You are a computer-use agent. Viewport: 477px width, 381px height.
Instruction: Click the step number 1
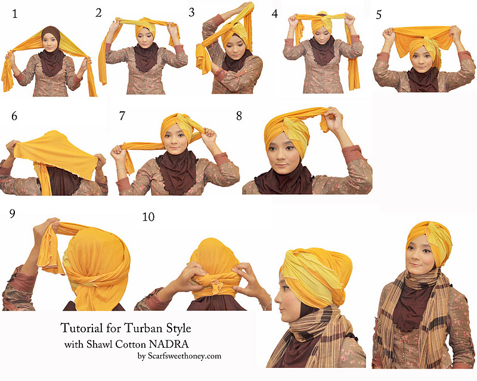[x=14, y=14]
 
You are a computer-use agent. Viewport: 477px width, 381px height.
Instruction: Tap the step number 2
[x=98, y=13]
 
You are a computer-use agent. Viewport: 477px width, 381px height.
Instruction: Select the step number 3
[x=191, y=13]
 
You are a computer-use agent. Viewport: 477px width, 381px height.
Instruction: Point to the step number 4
[x=275, y=14]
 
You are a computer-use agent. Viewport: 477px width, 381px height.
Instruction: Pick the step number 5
[x=379, y=15]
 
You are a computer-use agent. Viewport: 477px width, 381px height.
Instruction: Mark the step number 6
[x=14, y=116]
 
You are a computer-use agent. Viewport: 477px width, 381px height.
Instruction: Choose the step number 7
[x=122, y=115]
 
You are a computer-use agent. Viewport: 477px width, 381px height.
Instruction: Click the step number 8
[x=239, y=115]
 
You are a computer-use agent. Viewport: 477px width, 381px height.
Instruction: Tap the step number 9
[x=12, y=214]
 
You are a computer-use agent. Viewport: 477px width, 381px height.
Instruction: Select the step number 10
[x=148, y=217]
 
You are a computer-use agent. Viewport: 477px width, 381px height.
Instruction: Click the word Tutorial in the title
[x=82, y=328]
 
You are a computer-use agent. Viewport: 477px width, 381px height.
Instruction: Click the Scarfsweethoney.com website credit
[x=184, y=356]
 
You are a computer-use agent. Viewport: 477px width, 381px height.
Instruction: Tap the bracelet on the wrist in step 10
[x=266, y=304]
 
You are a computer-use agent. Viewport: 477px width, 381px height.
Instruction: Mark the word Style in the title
[x=178, y=329]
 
